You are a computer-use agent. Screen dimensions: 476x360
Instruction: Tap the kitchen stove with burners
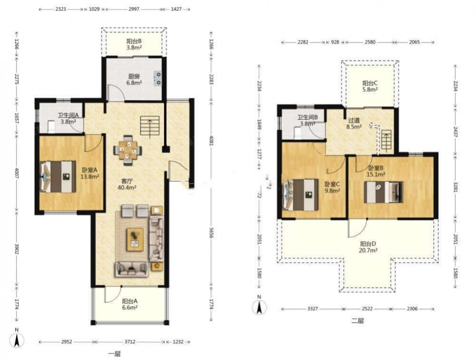[158, 78]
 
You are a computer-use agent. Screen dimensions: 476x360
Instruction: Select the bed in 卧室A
[58, 176]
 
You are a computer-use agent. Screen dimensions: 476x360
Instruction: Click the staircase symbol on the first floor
[149, 126]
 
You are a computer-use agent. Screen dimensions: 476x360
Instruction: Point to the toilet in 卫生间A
[51, 127]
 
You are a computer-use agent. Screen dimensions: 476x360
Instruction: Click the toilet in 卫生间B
[297, 133]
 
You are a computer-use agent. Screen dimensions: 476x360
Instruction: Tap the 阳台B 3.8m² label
[134, 44]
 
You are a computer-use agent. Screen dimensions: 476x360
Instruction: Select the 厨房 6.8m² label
[134, 79]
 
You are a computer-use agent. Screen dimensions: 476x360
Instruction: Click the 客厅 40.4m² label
[127, 185]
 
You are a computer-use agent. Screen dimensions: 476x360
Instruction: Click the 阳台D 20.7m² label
[368, 247]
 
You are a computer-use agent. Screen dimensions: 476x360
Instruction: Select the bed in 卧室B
[383, 192]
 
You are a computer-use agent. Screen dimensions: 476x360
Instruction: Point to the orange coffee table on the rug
[135, 239]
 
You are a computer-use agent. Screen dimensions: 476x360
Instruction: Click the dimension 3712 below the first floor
[129, 342]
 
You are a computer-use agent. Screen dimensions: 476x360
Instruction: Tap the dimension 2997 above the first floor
[134, 9]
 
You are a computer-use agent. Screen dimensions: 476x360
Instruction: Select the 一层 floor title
[114, 354]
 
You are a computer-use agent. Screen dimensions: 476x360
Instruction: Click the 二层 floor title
[357, 321]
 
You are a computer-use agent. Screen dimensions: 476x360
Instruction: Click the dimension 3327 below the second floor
[312, 309]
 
